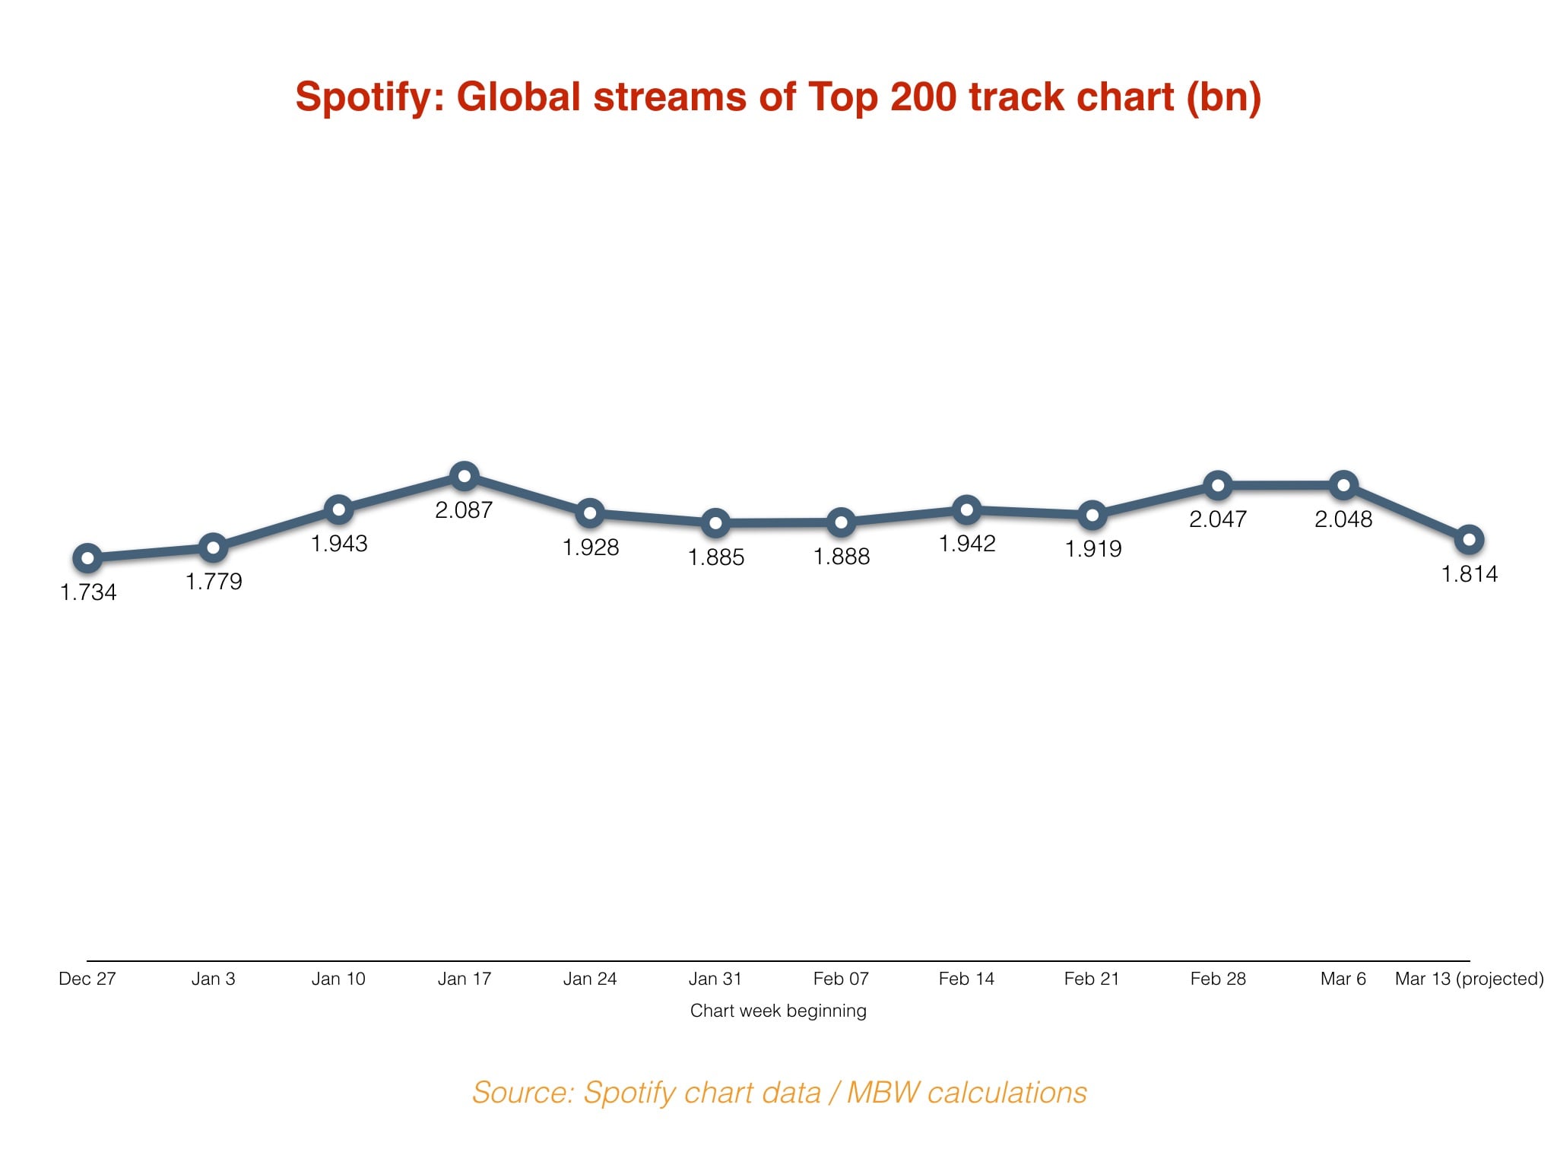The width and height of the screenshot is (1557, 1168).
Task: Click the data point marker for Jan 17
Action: (464, 478)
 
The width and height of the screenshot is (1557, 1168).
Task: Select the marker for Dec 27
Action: (87, 559)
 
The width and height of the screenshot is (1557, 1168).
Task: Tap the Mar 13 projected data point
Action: (1469, 540)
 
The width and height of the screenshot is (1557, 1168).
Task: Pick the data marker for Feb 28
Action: (1218, 485)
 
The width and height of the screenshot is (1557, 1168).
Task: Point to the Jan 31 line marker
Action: (715, 523)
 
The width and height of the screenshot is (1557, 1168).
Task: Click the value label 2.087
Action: (464, 510)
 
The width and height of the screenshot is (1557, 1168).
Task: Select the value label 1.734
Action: (88, 592)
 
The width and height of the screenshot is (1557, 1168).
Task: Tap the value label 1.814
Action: (1469, 574)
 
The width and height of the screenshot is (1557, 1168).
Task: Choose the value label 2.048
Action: (1343, 519)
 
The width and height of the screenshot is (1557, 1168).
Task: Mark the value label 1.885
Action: (715, 557)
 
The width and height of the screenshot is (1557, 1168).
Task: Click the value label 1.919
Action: (1092, 549)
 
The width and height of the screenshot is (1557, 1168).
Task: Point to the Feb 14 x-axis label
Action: (966, 979)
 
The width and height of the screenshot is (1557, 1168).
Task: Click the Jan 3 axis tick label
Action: (213, 979)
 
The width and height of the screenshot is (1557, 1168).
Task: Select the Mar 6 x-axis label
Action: (1343, 979)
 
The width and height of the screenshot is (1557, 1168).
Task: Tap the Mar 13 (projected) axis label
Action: (1469, 979)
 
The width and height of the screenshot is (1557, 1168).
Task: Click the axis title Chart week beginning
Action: (778, 1011)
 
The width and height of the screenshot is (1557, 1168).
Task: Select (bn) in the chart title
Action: (1223, 97)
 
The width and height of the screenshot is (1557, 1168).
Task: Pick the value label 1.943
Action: (339, 544)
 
